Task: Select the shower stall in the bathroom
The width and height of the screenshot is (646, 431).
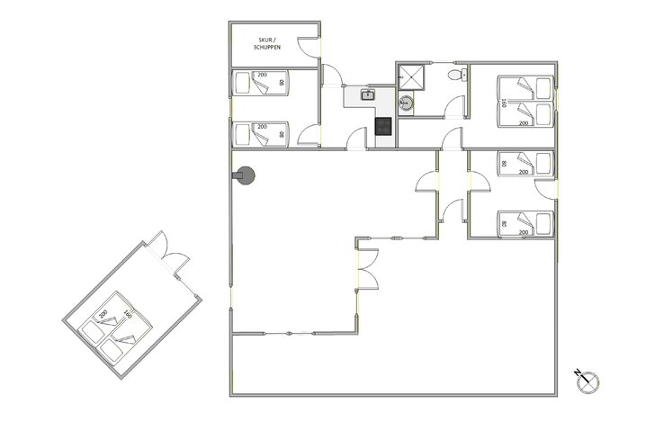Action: pos(414,76)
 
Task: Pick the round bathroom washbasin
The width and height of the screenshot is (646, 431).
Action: pos(407,104)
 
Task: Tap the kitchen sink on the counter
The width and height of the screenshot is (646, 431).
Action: pos(367,94)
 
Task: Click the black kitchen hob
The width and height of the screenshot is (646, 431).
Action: pos(384,127)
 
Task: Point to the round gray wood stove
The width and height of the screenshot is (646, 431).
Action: pos(246,177)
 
